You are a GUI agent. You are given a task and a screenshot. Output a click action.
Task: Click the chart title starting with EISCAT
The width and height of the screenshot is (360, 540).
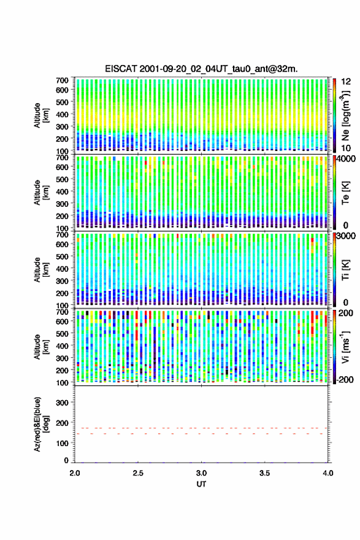coord(201,69)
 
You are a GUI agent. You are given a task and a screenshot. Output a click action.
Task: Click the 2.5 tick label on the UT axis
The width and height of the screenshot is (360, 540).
coord(138,473)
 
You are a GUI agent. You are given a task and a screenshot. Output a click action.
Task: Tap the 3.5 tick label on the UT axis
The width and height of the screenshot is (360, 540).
coord(265,473)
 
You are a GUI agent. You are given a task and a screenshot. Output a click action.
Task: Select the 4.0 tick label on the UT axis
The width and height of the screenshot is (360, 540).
coord(328,473)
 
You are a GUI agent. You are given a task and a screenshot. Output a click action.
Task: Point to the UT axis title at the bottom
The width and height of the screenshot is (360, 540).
coord(201,484)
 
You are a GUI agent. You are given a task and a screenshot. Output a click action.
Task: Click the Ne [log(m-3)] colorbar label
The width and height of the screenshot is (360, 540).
coord(346,115)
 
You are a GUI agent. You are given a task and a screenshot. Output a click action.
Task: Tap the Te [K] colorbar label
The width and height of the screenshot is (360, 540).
coord(345,193)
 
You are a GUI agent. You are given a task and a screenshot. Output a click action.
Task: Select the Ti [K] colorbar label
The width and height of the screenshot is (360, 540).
coord(345,269)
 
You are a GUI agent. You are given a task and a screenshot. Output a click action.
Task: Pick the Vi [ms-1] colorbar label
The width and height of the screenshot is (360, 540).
coord(345,347)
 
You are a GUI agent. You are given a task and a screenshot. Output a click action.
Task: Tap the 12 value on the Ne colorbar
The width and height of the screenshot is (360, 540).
coord(346,82)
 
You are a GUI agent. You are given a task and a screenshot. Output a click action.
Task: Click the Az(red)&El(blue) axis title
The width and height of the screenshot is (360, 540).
coord(40,424)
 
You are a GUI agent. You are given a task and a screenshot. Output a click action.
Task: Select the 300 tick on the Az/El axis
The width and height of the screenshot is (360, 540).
coord(63,403)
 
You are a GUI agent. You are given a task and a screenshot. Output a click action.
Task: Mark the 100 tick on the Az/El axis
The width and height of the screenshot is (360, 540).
coord(63,443)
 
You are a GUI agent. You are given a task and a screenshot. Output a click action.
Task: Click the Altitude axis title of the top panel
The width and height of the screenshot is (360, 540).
coord(41,115)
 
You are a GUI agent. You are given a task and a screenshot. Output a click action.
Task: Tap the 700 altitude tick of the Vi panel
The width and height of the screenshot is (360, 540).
coord(63,312)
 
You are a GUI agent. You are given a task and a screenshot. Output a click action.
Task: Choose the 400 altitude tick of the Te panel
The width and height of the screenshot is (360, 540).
coord(63,191)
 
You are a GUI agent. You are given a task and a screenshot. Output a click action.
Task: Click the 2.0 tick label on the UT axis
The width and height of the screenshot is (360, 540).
coord(75,473)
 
